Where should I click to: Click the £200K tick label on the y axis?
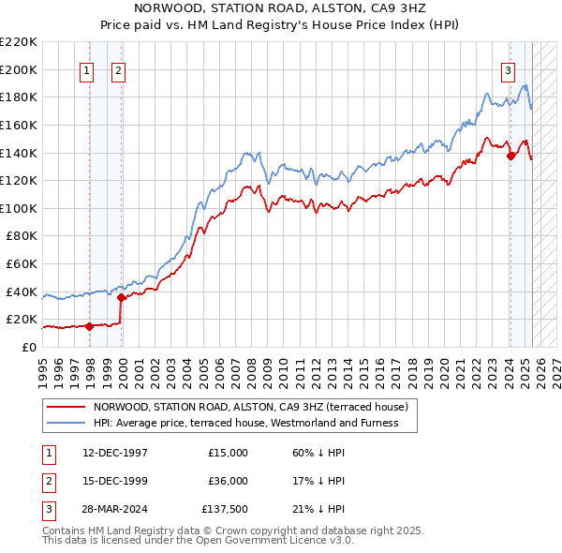[x=19, y=69]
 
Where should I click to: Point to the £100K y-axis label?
[x=19, y=208]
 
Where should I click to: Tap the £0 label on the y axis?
[x=28, y=347]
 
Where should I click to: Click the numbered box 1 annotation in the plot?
[x=87, y=69]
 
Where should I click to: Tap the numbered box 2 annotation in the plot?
[x=119, y=69]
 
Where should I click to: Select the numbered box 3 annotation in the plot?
[x=508, y=69]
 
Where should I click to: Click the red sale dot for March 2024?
[x=510, y=157]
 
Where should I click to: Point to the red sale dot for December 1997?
[x=90, y=326]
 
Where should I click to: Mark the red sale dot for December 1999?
[x=122, y=297]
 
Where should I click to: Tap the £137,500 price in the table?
[x=225, y=509]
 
